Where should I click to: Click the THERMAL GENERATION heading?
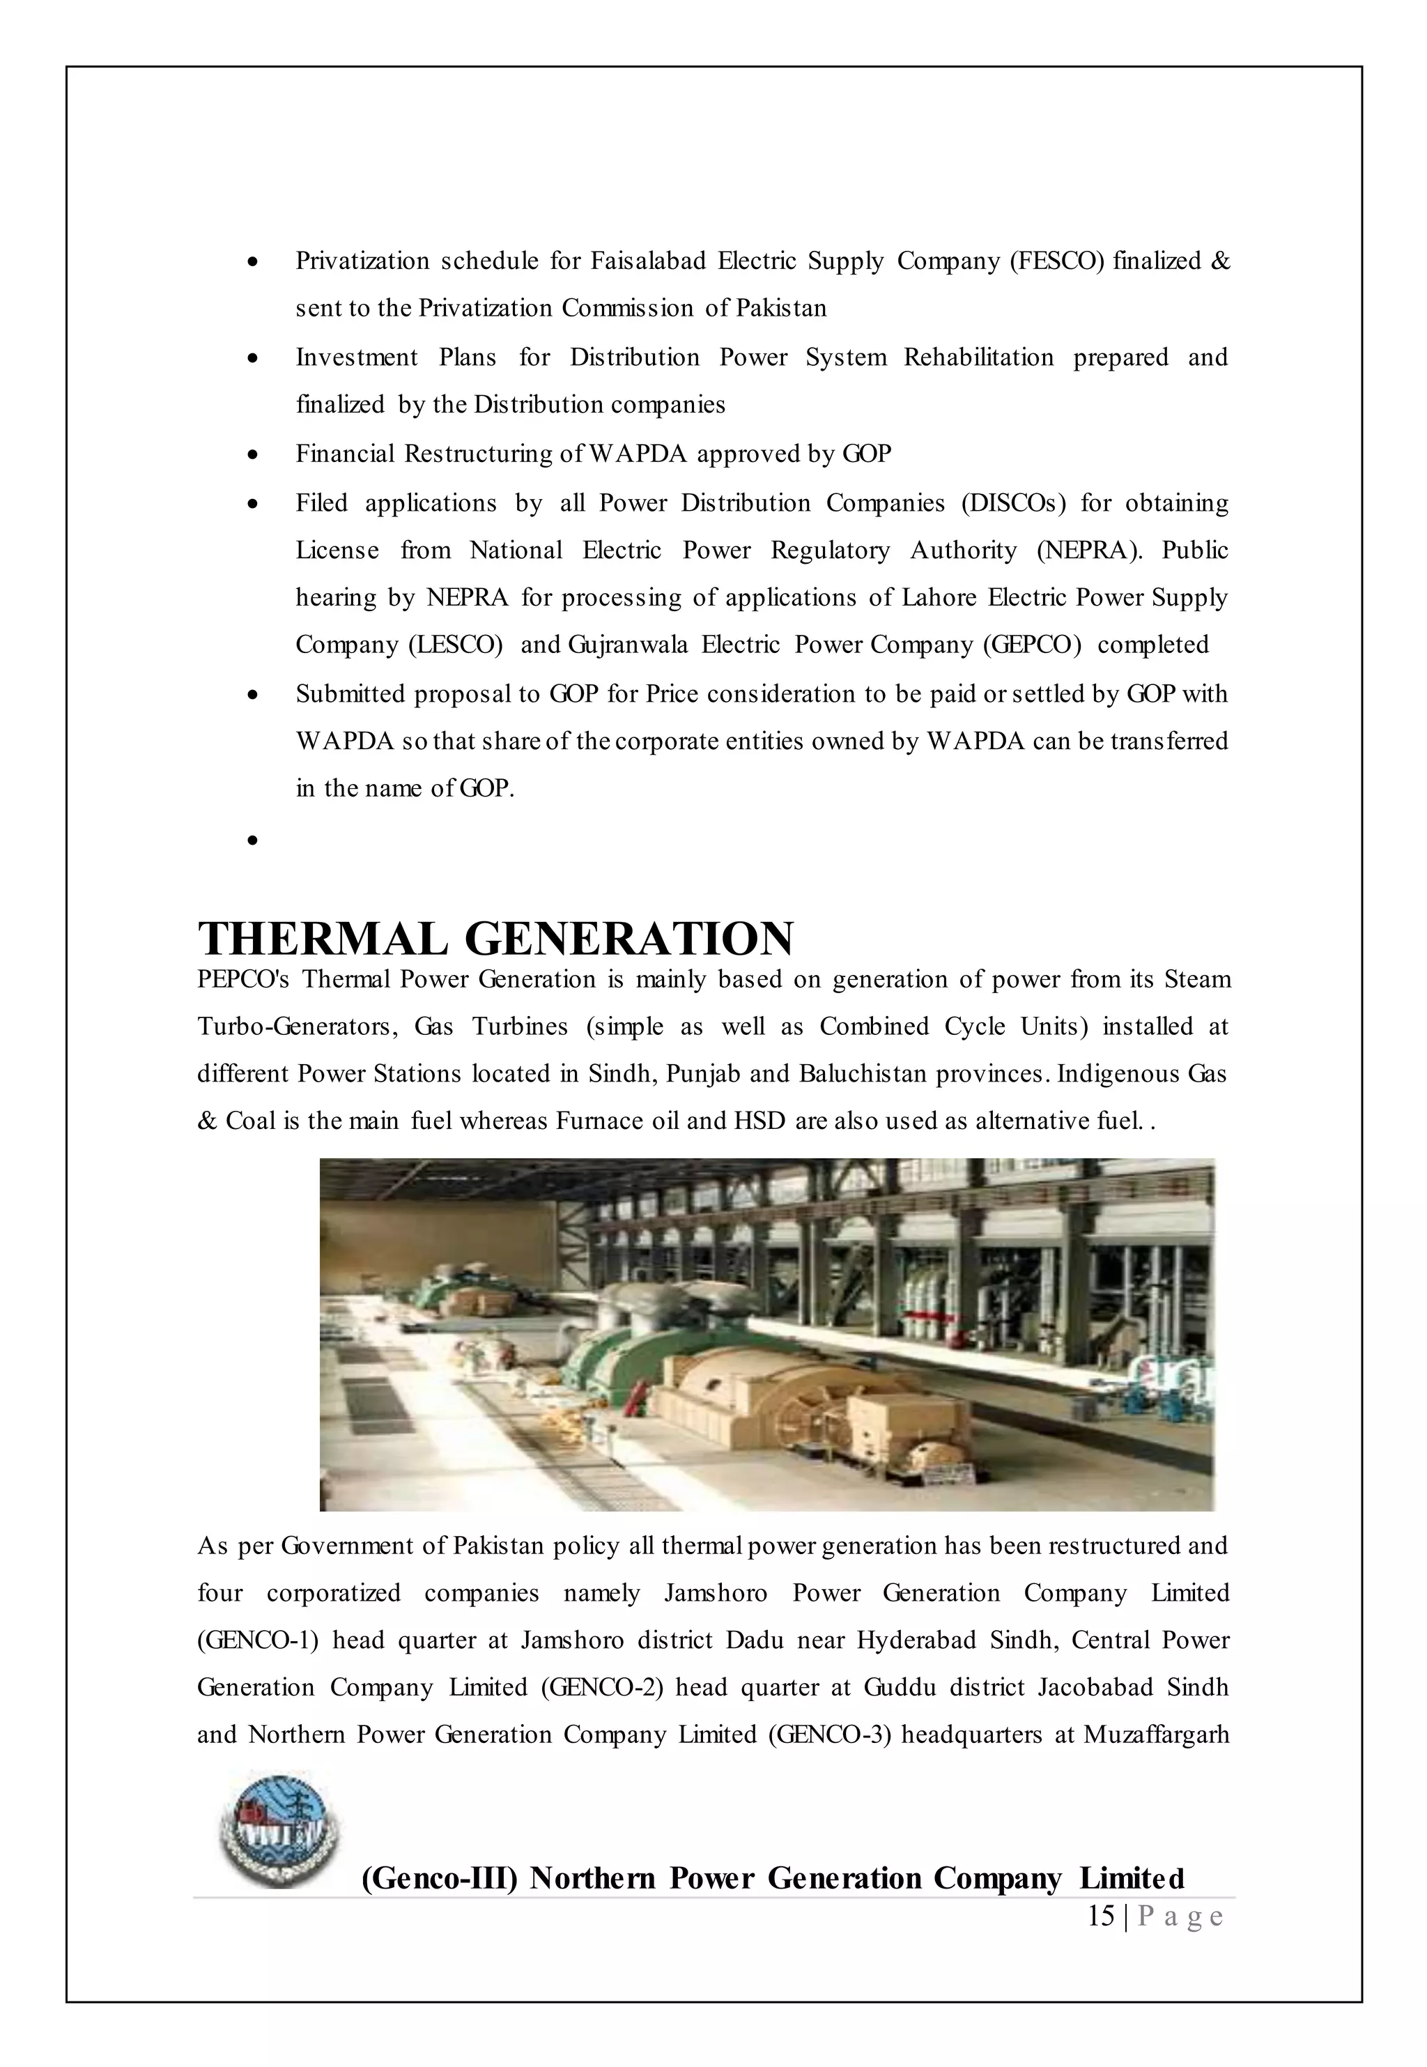(495, 939)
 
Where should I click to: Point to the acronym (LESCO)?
(455, 645)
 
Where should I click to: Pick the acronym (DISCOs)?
(1014, 503)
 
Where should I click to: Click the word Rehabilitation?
(978, 358)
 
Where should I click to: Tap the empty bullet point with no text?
(254, 840)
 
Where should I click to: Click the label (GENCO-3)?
(829, 1735)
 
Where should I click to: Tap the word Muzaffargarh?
(1156, 1735)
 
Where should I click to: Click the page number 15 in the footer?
(1101, 1916)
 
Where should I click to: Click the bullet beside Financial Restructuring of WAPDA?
(254, 455)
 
